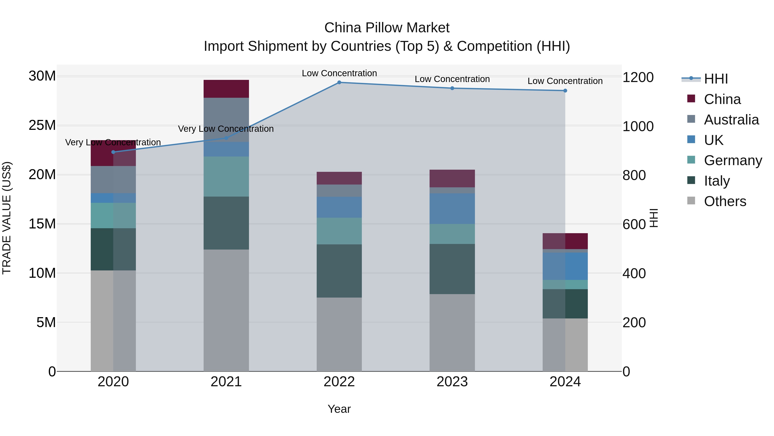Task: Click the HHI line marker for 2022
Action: coord(339,82)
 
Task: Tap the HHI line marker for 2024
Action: coord(565,91)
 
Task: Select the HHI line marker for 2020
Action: coord(113,152)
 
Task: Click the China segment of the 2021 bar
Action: coord(226,89)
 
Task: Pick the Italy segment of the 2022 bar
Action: coord(339,271)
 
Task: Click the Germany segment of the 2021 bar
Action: coord(226,176)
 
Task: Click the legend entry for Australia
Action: coord(731,119)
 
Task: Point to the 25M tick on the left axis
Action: coord(42,125)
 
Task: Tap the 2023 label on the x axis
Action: coord(452,382)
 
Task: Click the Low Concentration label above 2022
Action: coord(339,73)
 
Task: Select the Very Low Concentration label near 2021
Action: coord(226,129)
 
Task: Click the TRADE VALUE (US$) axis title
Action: coord(7,218)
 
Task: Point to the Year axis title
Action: coord(339,409)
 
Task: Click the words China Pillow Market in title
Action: coord(387,28)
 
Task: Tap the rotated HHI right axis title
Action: coord(654,218)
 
